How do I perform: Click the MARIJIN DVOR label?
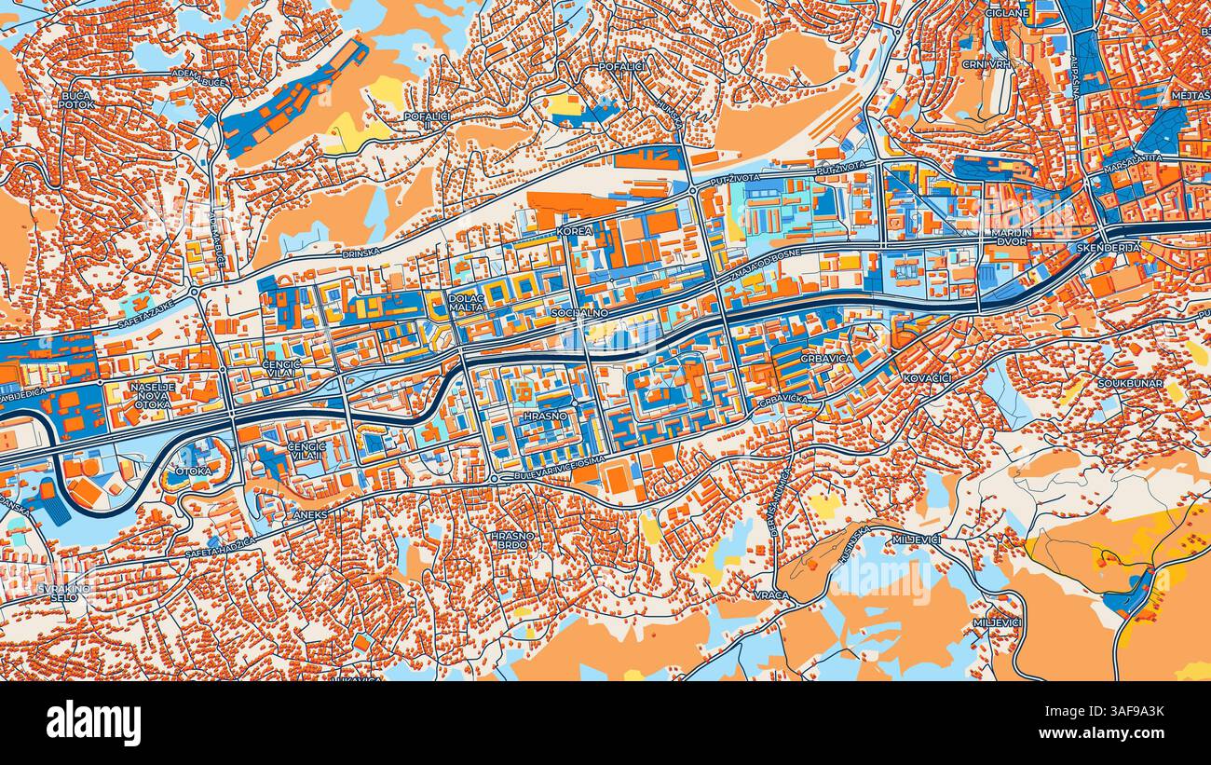pos(1010,239)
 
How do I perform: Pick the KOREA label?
pos(574,230)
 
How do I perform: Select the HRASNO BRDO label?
pos(513,541)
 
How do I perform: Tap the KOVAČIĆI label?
pos(926,377)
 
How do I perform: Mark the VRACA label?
pos(772,594)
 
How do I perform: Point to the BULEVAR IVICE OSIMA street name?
pos(552,477)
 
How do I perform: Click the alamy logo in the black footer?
pos(93,723)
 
